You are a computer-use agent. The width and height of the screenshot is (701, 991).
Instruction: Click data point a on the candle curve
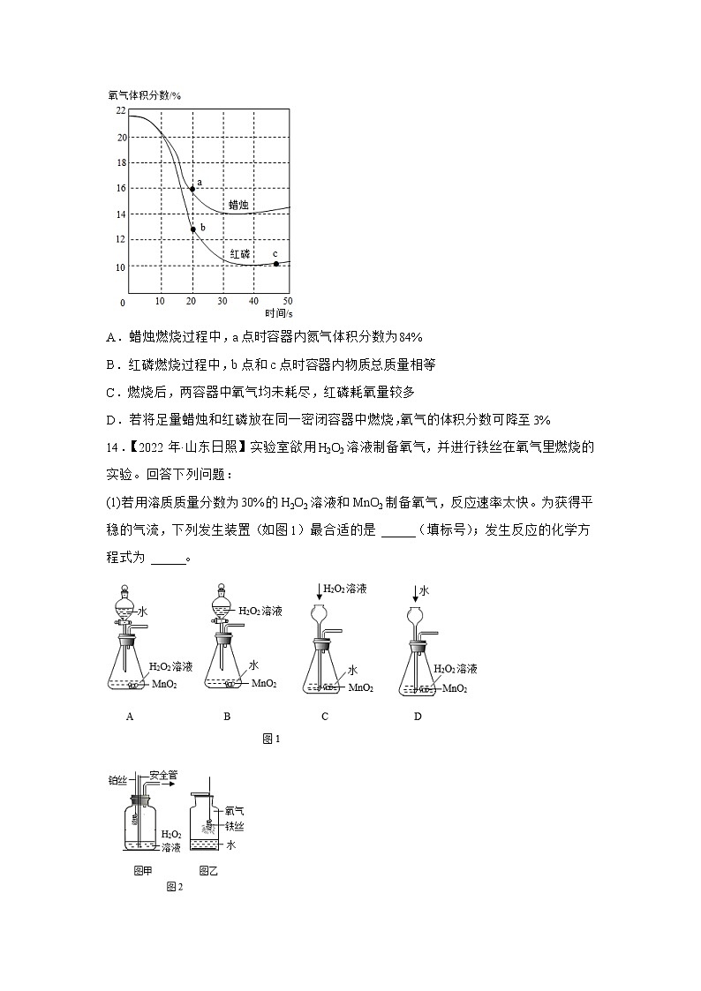coord(192,189)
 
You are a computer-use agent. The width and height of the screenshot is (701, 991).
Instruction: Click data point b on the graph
coord(193,229)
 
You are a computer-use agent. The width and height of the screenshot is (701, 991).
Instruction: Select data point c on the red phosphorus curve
coord(276,264)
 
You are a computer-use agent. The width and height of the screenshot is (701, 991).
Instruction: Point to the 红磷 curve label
coord(240,253)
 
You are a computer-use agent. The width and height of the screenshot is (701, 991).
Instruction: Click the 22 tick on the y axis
coord(120,110)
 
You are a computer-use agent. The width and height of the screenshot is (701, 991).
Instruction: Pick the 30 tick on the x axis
coord(222,302)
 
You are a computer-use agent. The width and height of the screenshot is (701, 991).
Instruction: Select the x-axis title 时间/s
coord(279,313)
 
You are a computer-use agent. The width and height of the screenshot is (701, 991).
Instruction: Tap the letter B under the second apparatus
coord(227,717)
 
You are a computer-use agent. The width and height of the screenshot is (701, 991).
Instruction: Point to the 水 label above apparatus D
coord(424,590)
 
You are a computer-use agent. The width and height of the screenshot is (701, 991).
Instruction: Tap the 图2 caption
coord(174,887)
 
